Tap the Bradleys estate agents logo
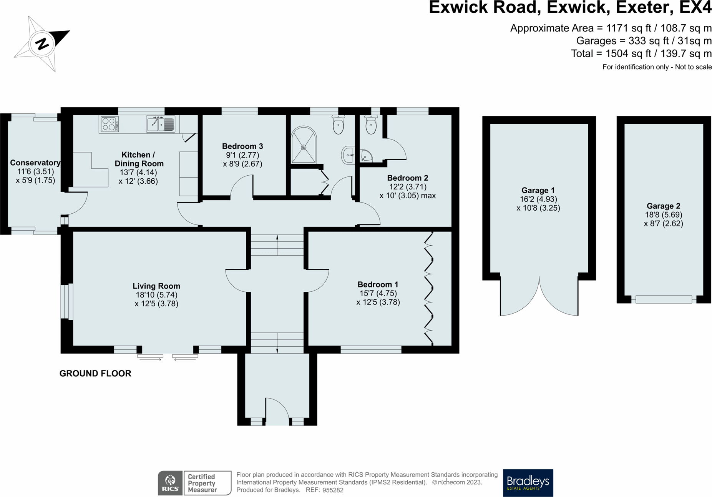point(528,483)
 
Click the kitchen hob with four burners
point(110,124)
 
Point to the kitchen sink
point(161,124)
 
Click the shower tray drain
point(304,147)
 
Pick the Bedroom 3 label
point(242,146)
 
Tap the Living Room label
point(156,286)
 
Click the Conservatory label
point(35,163)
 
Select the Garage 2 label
point(664,206)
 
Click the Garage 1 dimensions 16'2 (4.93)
point(538,199)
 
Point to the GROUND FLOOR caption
point(95,373)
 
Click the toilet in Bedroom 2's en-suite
point(371,125)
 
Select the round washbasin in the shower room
point(348,155)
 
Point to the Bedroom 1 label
point(378,284)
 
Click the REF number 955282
point(333,490)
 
